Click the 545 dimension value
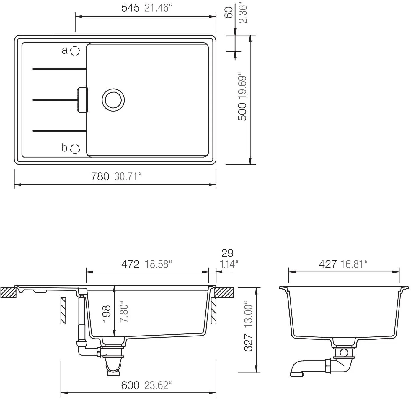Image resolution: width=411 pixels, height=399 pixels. point(130,8)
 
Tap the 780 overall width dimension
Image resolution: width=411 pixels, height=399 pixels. point(100,176)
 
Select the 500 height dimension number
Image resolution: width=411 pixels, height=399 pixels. point(242,112)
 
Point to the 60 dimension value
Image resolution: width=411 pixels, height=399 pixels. point(229,12)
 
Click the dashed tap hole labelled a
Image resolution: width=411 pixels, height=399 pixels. point(75,51)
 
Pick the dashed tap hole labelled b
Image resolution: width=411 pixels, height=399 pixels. point(75,149)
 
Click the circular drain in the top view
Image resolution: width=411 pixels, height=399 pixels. point(113,100)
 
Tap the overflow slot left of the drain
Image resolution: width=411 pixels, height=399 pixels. point(83,100)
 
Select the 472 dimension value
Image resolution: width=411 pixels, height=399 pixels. point(130,264)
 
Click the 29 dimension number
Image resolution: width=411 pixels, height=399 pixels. point(227,253)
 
